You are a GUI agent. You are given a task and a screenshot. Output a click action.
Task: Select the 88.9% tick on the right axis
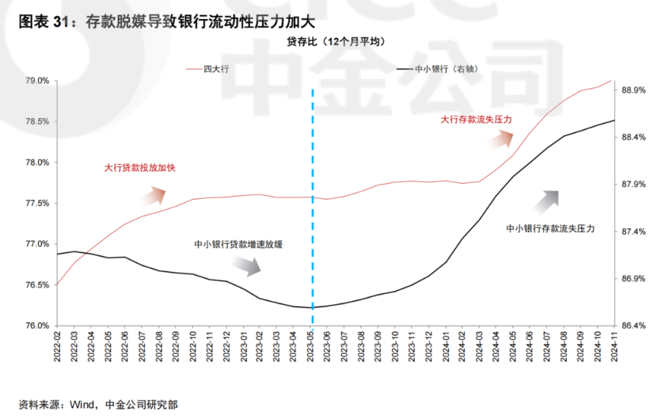(633, 90)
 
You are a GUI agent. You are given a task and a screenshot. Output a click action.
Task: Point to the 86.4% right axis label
(633, 325)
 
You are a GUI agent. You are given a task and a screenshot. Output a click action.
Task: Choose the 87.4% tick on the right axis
(633, 232)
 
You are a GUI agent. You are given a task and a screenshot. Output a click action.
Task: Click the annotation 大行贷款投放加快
(140, 167)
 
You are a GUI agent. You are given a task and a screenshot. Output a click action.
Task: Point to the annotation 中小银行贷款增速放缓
(238, 245)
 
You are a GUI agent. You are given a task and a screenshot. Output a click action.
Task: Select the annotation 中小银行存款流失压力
(550, 229)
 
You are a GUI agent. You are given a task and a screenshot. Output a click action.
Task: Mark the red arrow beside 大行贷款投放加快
(156, 194)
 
